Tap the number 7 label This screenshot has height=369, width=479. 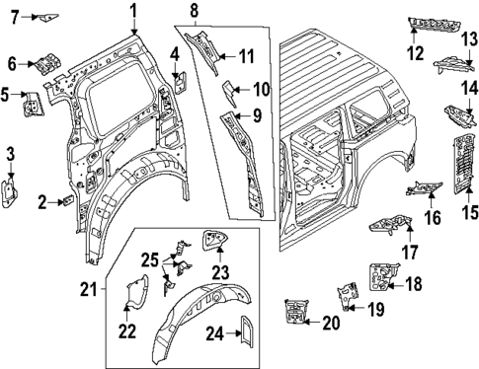(15, 16)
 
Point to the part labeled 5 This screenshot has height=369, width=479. (31, 99)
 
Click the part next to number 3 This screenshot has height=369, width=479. (11, 192)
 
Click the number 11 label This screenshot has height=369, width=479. (247, 55)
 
